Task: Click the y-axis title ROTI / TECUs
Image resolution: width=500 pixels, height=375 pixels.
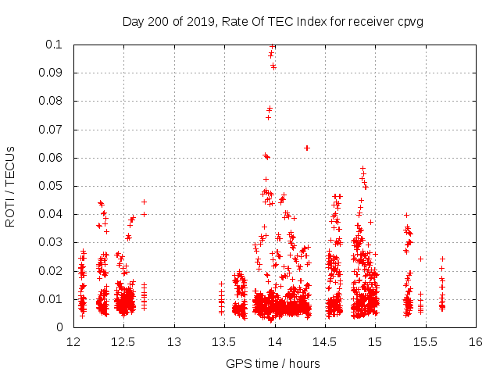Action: [10, 186]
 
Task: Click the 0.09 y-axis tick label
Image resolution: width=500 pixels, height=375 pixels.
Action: [52, 73]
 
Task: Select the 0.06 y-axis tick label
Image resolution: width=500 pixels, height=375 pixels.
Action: [52, 158]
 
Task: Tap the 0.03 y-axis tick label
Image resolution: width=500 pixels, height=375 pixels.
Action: [52, 242]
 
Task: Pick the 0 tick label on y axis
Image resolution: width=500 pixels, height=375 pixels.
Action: [61, 327]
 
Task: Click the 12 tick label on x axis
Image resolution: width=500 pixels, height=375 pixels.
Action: [73, 342]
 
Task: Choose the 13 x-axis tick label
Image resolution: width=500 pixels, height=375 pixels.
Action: [173, 342]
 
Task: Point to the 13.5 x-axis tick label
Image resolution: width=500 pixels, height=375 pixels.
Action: [224, 342]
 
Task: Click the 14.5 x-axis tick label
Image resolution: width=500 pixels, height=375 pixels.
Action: [324, 342]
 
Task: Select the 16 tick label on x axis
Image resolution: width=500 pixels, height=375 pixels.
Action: [475, 342]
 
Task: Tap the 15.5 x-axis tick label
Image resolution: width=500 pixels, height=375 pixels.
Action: [425, 342]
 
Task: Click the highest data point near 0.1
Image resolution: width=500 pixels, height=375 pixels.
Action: [272, 46]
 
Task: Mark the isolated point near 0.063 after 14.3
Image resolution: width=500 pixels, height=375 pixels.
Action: [307, 148]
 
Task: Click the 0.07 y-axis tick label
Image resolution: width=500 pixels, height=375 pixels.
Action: [52, 130]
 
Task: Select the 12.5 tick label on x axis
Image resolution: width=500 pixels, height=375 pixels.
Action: [123, 342]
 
